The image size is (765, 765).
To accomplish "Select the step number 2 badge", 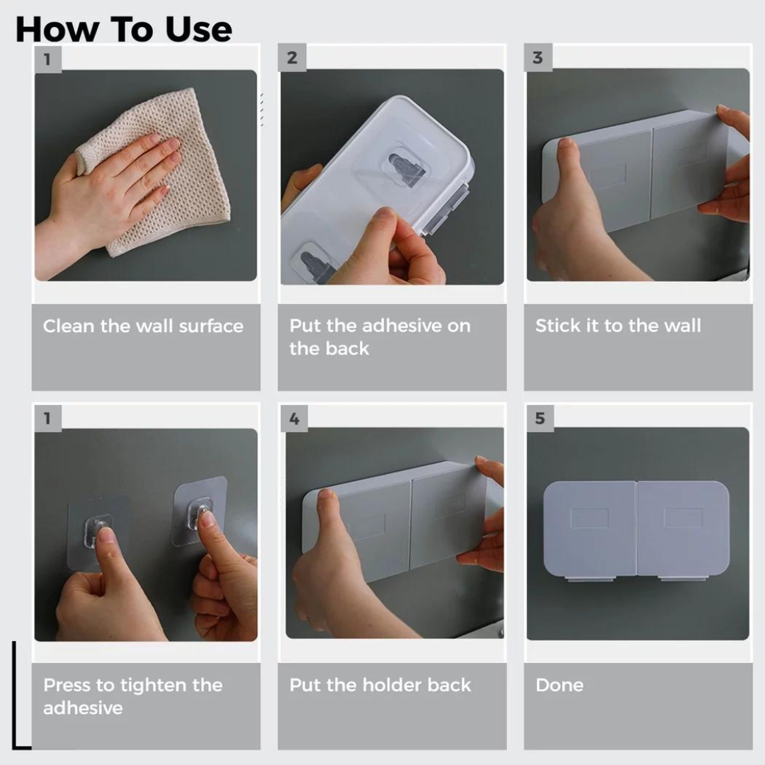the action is pyautogui.click(x=292, y=57).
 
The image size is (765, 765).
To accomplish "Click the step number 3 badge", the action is pyautogui.click(x=538, y=57).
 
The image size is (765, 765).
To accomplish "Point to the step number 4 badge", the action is pyautogui.click(x=294, y=418).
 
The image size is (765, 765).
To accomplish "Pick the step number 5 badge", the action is pyautogui.click(x=540, y=418).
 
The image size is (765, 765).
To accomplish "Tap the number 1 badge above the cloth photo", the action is pyautogui.click(x=48, y=59).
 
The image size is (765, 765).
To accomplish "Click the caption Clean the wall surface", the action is pyautogui.click(x=143, y=326).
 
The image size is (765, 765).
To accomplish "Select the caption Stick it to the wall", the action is pyautogui.click(x=618, y=325).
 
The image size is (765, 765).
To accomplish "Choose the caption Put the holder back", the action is pyautogui.click(x=380, y=685).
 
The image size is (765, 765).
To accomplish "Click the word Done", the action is pyautogui.click(x=560, y=685).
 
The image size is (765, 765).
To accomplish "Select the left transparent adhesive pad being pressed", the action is pyautogui.click(x=98, y=532).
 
